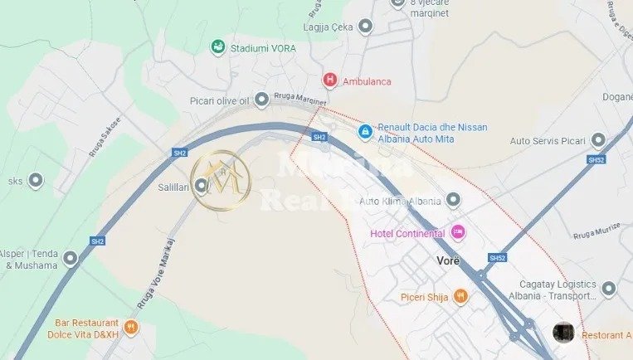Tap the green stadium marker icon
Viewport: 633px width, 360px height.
pyautogui.click(x=217, y=46)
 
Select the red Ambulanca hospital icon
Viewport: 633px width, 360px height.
pyautogui.click(x=330, y=80)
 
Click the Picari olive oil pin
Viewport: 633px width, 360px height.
pyautogui.click(x=262, y=100)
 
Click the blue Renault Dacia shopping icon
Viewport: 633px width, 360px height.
pyautogui.click(x=364, y=131)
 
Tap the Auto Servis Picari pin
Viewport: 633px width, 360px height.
pyautogui.click(x=597, y=140)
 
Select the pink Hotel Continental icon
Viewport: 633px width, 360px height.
pyautogui.click(x=458, y=233)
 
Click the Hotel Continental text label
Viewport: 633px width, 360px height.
pyautogui.click(x=407, y=233)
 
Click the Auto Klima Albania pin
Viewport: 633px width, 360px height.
pyautogui.click(x=453, y=200)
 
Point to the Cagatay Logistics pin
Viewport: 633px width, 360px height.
pyautogui.click(x=609, y=289)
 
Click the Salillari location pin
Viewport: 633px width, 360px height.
pyautogui.click(x=202, y=187)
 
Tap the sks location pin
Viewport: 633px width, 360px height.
pyautogui.click(x=35, y=179)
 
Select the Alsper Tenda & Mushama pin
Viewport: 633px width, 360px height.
pyautogui.click(x=71, y=259)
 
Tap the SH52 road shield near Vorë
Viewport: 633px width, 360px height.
pyautogui.click(x=497, y=258)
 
